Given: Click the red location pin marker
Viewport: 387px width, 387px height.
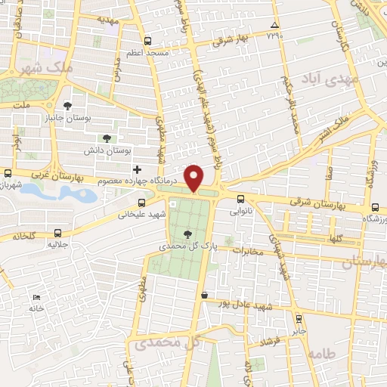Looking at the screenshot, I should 195,177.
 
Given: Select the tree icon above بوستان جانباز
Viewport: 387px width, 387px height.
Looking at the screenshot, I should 69,107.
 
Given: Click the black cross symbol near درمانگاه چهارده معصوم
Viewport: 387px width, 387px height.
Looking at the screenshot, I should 137,169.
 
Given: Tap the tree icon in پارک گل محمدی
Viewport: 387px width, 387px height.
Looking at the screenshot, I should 187,235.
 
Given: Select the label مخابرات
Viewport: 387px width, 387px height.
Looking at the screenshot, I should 249,251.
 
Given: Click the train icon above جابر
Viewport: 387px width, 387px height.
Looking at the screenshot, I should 299,319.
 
